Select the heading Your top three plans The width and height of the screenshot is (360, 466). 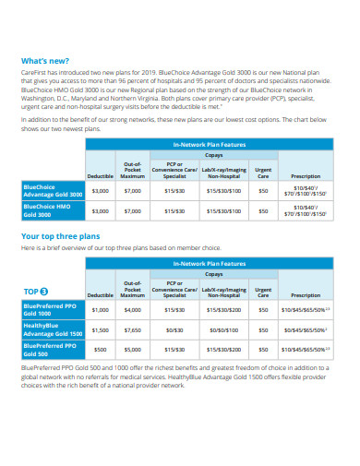click(x=60, y=236)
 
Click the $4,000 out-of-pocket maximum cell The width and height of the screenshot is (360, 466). click(x=132, y=311)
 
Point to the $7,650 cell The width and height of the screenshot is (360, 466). click(x=132, y=329)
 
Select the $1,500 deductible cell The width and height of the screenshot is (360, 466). click(x=101, y=329)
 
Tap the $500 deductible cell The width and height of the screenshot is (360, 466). click(x=101, y=350)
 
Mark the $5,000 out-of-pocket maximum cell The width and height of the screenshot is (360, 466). click(x=132, y=350)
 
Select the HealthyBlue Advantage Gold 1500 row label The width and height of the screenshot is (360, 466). click(x=53, y=329)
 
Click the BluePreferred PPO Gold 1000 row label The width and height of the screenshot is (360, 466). click(x=51, y=311)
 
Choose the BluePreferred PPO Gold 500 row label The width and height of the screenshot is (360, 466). click(x=51, y=350)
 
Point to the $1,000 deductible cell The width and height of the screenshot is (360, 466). click(x=101, y=311)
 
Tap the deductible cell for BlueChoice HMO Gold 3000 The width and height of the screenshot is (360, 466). click(x=101, y=211)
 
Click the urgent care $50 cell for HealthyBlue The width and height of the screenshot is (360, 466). click(x=264, y=329)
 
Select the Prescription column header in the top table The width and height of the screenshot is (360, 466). click(x=306, y=176)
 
